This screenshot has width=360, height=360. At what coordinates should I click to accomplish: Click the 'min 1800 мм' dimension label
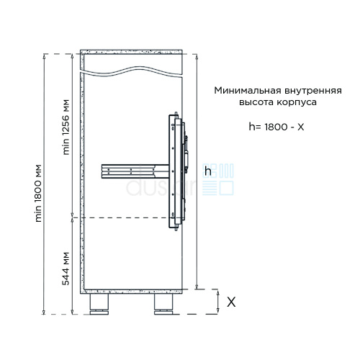(39, 193)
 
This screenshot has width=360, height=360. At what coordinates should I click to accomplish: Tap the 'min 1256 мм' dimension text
(66, 127)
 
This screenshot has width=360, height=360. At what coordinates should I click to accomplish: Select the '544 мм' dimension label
(66, 269)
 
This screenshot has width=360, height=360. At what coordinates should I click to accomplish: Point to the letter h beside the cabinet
(208, 171)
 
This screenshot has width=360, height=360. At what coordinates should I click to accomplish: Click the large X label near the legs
(231, 302)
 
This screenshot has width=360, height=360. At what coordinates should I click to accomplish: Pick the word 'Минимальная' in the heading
(248, 91)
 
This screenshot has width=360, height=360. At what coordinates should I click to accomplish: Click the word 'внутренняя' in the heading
(313, 91)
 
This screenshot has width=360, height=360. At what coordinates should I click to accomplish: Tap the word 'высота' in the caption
(256, 102)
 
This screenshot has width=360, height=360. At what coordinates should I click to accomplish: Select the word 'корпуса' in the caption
(297, 103)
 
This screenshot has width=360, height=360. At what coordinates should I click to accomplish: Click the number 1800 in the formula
(276, 127)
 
